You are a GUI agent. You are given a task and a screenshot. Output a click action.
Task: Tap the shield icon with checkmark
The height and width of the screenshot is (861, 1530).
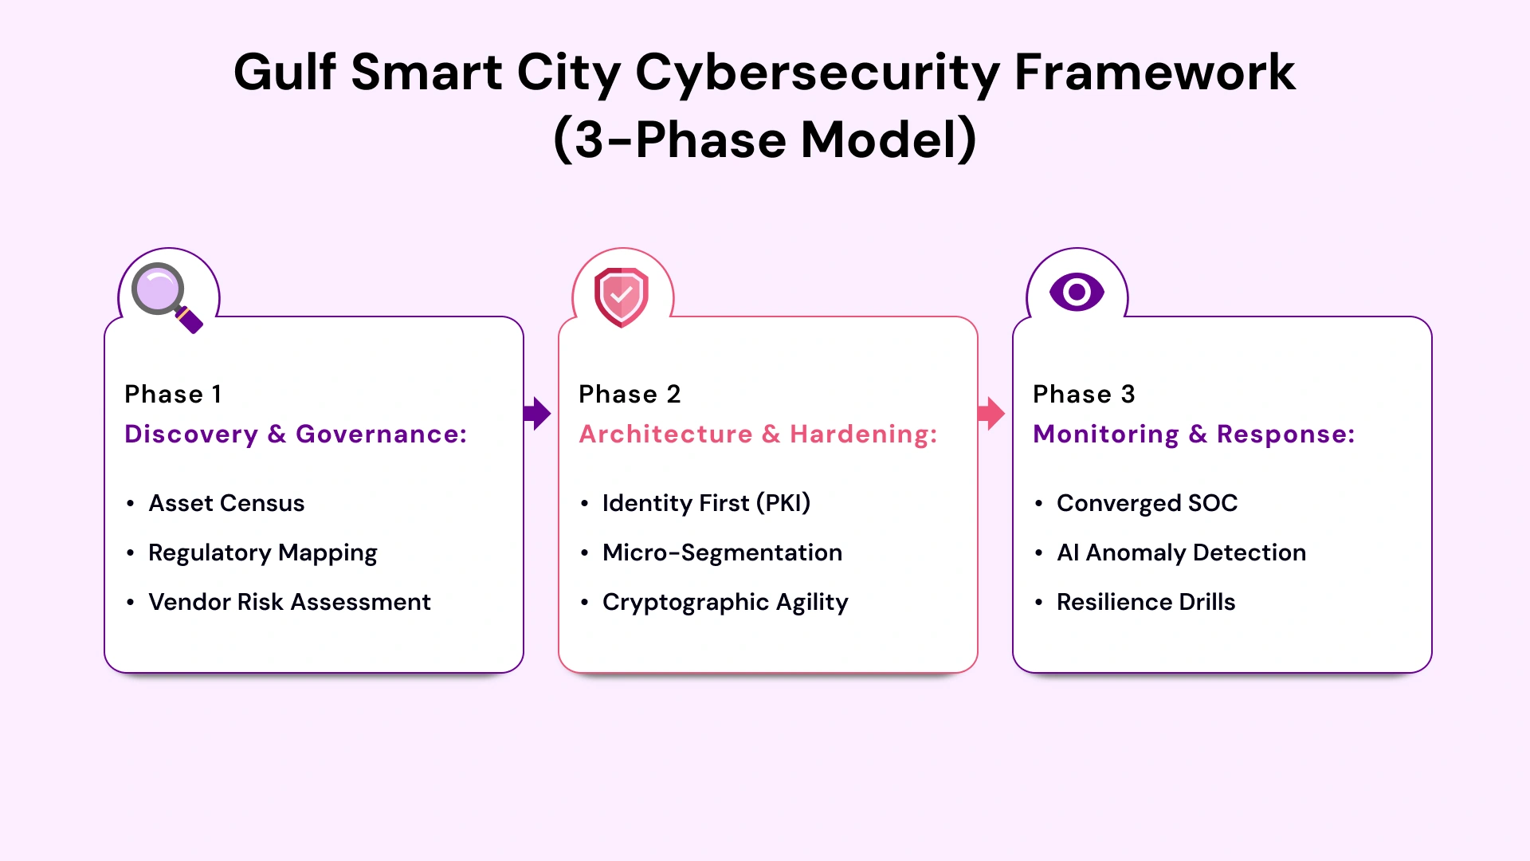(622, 297)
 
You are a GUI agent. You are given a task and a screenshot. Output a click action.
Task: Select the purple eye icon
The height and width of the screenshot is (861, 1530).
(1077, 293)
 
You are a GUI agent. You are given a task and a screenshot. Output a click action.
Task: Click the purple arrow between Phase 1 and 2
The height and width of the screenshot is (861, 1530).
(538, 414)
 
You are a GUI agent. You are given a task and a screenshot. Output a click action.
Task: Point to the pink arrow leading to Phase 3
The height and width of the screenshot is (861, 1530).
(991, 414)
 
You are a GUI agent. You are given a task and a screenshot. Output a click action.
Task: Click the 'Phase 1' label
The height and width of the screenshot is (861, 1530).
(173, 395)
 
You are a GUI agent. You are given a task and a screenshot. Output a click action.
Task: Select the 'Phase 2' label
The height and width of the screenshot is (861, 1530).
(630, 395)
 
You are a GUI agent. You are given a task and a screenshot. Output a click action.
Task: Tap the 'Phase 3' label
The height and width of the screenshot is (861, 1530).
(1084, 395)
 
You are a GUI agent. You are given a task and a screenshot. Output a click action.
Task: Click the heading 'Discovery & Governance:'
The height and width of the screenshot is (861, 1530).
(296, 434)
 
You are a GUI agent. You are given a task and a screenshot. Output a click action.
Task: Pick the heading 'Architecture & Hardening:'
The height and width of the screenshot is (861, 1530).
(758, 434)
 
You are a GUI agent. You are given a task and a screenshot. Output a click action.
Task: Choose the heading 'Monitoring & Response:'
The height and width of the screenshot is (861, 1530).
(1194, 434)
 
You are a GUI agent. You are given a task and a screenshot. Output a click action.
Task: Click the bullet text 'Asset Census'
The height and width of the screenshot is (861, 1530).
(226, 504)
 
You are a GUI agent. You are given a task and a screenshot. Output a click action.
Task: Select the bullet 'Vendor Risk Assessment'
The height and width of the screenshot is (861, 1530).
(289, 603)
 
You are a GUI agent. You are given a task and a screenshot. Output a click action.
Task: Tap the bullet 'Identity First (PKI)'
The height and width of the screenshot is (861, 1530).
(706, 504)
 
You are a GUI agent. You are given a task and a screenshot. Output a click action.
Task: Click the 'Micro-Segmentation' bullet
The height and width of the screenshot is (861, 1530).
(722, 553)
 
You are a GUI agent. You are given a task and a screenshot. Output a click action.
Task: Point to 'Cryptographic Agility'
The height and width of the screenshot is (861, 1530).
(725, 603)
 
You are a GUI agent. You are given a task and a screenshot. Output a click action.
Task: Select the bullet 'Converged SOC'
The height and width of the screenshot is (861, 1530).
(1147, 504)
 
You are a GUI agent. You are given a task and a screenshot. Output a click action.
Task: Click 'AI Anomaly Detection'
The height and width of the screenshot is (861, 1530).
(1181, 553)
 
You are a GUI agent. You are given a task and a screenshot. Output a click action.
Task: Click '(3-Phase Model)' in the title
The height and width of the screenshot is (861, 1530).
(765, 140)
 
